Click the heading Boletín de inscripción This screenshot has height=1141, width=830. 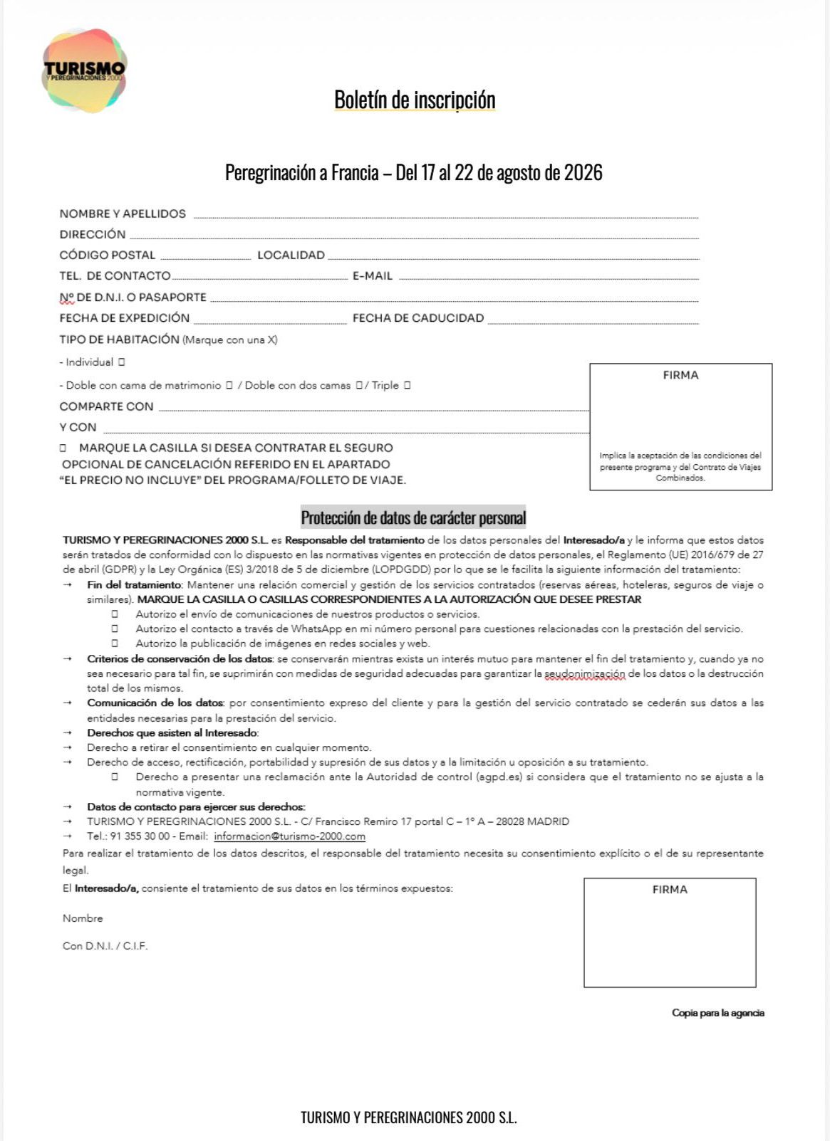coord(415,100)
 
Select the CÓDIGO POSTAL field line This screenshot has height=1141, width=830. coord(205,256)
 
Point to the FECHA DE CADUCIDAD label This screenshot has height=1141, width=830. coord(418,318)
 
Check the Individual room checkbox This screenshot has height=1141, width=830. coord(122,362)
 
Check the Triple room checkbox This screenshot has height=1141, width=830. coord(407,385)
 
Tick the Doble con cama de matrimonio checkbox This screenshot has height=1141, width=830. coord(229,385)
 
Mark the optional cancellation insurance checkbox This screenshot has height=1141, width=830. coord(63,448)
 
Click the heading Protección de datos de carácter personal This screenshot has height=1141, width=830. coord(413,517)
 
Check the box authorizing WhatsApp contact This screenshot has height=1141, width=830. coord(115,629)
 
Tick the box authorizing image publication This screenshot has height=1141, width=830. coord(115,643)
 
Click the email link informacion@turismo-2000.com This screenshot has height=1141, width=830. coord(289,836)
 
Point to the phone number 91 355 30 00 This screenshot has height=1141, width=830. coord(140,836)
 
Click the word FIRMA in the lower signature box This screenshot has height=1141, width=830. coord(670,890)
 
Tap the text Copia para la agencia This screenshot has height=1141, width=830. coord(717,1013)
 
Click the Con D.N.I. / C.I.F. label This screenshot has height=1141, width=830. coord(105,946)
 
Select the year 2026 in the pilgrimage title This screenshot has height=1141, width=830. coord(583,173)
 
